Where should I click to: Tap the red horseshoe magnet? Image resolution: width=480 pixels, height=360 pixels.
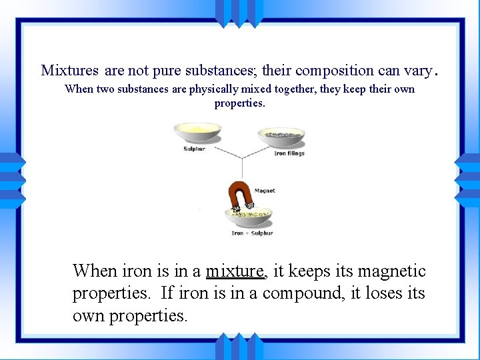(238, 197)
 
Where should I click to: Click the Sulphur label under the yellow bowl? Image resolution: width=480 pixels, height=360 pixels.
(195, 149)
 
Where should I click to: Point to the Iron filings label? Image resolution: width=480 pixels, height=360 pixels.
(289, 153)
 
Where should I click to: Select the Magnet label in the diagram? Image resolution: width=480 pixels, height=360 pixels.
(265, 191)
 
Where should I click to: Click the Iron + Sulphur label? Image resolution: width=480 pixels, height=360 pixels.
(252, 233)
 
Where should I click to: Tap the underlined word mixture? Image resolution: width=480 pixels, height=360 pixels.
(235, 271)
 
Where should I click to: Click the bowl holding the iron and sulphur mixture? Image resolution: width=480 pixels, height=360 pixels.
(250, 217)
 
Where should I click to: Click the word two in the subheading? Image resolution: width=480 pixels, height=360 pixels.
(107, 89)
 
